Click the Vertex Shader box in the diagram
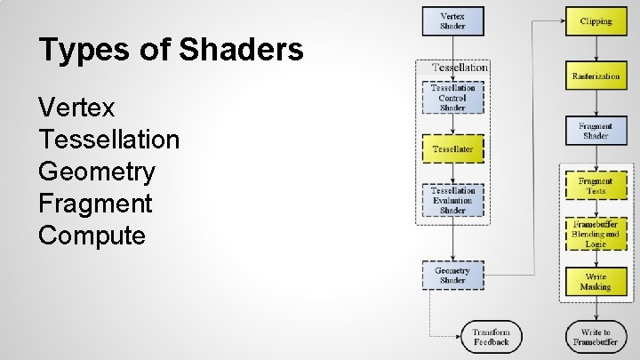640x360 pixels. click(452, 21)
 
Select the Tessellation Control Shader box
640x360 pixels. click(452, 97)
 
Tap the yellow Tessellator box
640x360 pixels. click(452, 149)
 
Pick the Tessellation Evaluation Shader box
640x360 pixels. click(452, 200)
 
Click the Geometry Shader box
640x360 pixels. click(452, 275)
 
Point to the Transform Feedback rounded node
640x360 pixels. click(491, 337)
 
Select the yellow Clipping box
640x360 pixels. click(596, 21)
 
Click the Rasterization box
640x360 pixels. click(596, 76)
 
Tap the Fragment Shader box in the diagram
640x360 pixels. click(596, 132)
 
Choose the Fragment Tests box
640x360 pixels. click(596, 186)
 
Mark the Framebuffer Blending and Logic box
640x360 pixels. click(596, 235)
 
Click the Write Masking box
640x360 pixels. click(596, 282)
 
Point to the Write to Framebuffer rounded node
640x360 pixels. click(596, 337)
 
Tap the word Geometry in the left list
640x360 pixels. click(97, 172)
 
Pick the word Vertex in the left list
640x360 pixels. click(76, 108)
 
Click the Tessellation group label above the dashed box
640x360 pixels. click(460, 68)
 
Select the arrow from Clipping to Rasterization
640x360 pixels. click(596, 49)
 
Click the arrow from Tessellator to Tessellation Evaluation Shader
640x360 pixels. click(452, 172)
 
